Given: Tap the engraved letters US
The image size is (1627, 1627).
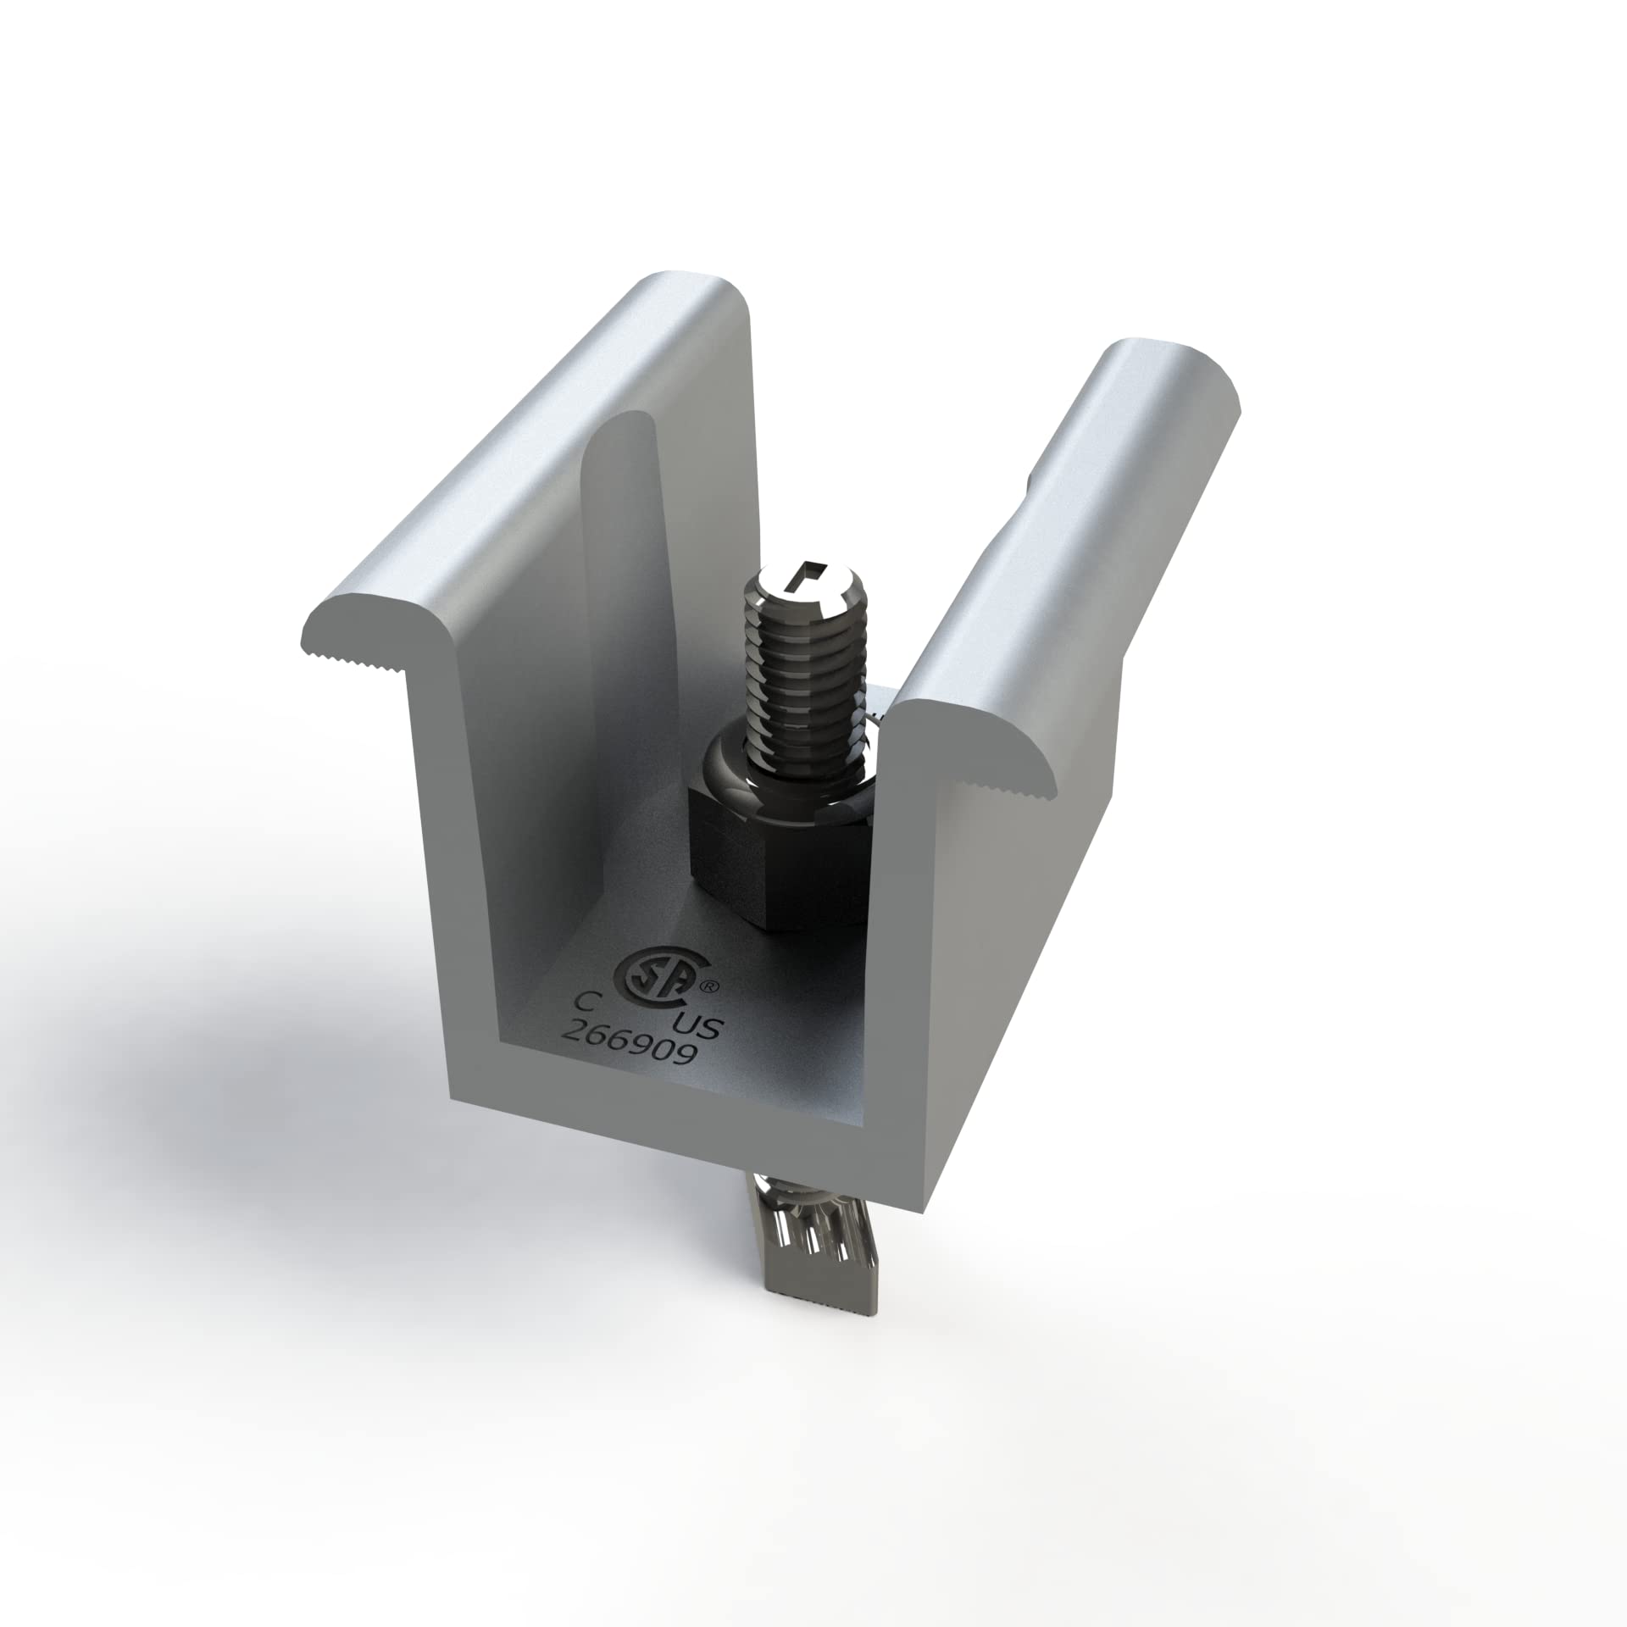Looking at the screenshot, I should [700, 1029].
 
